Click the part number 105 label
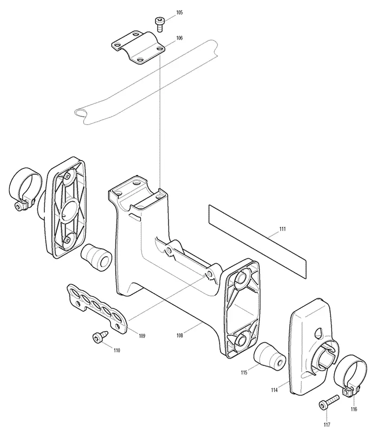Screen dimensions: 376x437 point(180,13)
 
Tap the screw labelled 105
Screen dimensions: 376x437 point(159,24)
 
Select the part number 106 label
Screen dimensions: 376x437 point(180,38)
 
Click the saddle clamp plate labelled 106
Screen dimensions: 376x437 point(138,47)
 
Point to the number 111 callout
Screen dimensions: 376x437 point(282,229)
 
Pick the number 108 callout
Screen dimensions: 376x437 point(180,336)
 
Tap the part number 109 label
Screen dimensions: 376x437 point(142,336)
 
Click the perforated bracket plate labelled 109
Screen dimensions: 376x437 point(97,308)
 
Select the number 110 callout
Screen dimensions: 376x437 point(117,350)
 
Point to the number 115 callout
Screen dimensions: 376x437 point(244,372)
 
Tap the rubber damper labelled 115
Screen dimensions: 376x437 point(269,357)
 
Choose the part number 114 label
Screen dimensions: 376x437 point(274,390)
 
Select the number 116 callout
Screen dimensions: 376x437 point(354,409)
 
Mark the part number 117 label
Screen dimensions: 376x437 point(327,425)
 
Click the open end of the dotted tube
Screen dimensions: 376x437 point(81,113)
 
